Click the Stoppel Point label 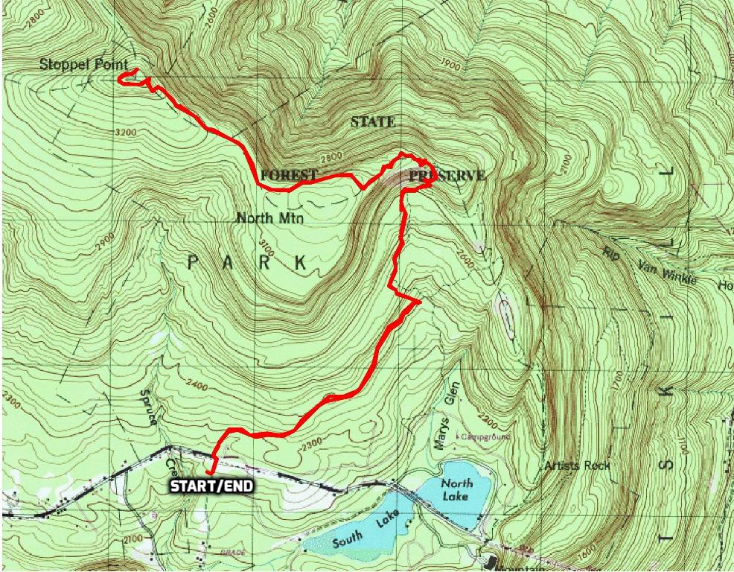pos(83,65)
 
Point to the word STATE pos(373,121)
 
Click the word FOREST pos(290,176)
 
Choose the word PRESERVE pos(446,176)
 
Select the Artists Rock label pos(577,465)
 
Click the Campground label pos(485,434)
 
